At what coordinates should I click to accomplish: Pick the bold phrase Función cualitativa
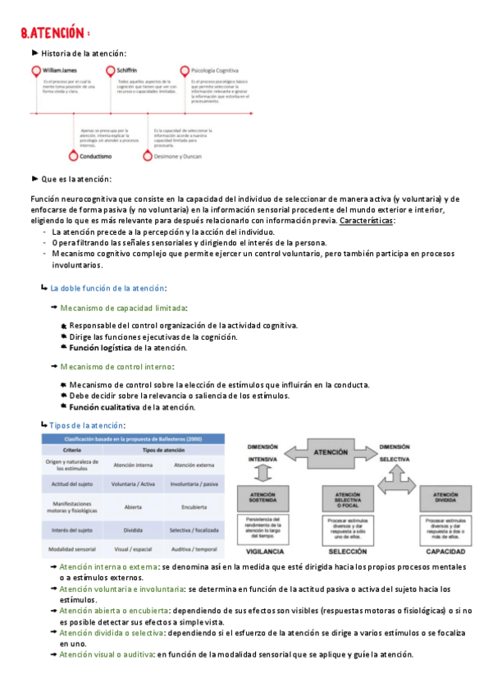tap(103, 407)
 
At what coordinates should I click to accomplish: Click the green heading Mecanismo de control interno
tap(116, 367)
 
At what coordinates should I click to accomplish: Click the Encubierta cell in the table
tap(193, 506)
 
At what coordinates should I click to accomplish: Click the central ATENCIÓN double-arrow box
tap(331, 452)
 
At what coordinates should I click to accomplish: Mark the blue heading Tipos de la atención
tap(87, 425)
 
